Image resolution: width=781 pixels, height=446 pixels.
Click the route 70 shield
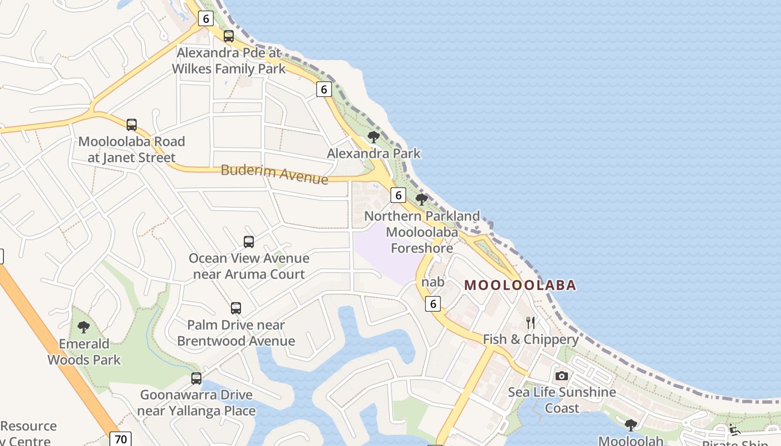click(x=120, y=439)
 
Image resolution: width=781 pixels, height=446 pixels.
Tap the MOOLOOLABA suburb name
click(x=520, y=285)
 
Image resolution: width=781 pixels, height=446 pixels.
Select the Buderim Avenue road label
click(x=274, y=173)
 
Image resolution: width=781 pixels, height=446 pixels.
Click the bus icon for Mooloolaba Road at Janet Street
click(x=132, y=125)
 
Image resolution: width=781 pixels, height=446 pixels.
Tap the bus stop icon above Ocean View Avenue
click(x=249, y=242)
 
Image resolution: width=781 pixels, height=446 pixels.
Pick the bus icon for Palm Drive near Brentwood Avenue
click(x=236, y=308)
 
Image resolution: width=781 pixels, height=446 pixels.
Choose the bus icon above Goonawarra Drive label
click(x=196, y=379)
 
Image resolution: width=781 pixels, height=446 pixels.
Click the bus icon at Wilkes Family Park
click(x=229, y=37)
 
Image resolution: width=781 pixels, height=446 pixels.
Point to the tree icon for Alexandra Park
click(x=374, y=137)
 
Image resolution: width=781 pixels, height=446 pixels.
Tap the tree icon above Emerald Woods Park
click(x=84, y=327)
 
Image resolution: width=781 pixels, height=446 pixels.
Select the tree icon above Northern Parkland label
click(x=422, y=200)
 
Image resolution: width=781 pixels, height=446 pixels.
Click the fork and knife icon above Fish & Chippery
click(x=531, y=323)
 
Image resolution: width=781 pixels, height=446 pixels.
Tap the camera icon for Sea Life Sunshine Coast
click(x=562, y=376)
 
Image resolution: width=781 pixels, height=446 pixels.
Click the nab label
click(x=433, y=282)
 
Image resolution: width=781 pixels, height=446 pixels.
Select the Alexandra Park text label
click(x=374, y=153)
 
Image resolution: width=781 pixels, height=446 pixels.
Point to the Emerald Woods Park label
click(x=84, y=352)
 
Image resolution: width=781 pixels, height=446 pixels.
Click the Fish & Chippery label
click(x=531, y=340)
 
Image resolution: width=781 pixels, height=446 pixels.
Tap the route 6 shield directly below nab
click(x=433, y=304)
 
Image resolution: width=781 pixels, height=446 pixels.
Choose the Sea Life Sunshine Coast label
click(x=562, y=400)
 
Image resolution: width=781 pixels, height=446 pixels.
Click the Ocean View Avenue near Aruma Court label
click(x=249, y=266)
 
